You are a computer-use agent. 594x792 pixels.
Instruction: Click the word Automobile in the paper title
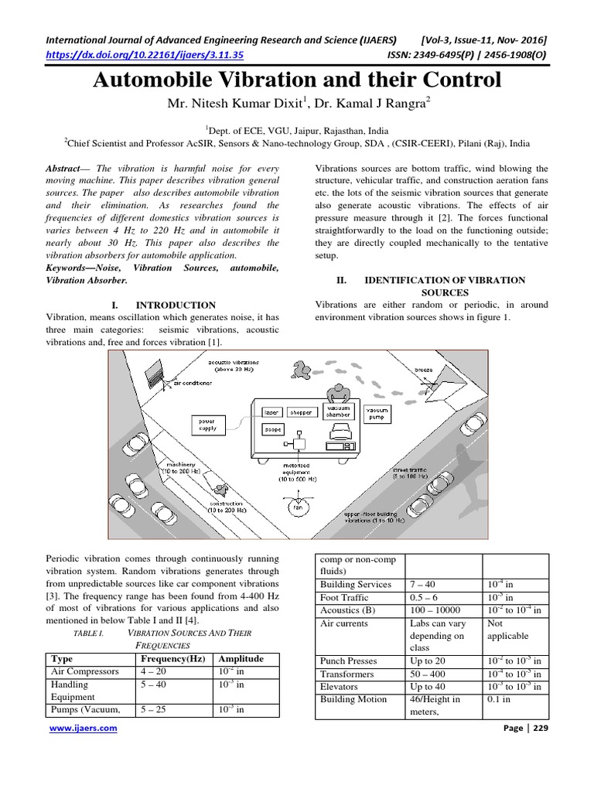pyautogui.click(x=166, y=80)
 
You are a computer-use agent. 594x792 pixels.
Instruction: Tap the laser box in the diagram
pyautogui.click(x=270, y=412)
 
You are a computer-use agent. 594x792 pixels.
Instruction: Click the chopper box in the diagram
pyautogui.click(x=301, y=412)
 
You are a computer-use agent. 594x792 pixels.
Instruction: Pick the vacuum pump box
pyautogui.click(x=377, y=412)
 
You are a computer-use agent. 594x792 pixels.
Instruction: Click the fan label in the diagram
pyautogui.click(x=296, y=507)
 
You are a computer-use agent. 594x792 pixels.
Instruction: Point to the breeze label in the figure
pyautogui.click(x=424, y=370)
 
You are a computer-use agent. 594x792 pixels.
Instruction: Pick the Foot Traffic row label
pyautogui.click(x=344, y=598)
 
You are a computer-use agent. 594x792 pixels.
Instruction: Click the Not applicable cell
pyautogui.click(x=507, y=629)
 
